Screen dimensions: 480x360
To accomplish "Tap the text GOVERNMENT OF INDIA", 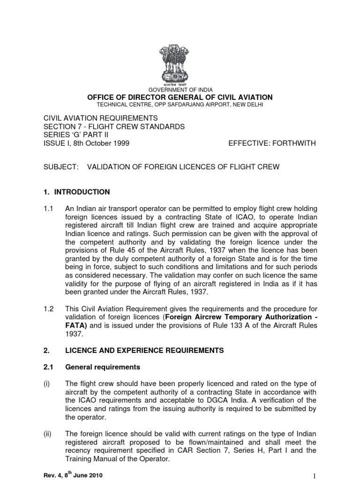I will pyautogui.click(x=180, y=90).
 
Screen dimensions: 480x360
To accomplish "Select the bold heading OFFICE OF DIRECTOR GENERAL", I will pyautogui.click(x=180, y=97).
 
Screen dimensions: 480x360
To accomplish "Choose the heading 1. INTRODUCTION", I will pyautogui.click(x=77, y=192).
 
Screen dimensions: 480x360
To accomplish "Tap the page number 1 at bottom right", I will pyautogui.click(x=315, y=474).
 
